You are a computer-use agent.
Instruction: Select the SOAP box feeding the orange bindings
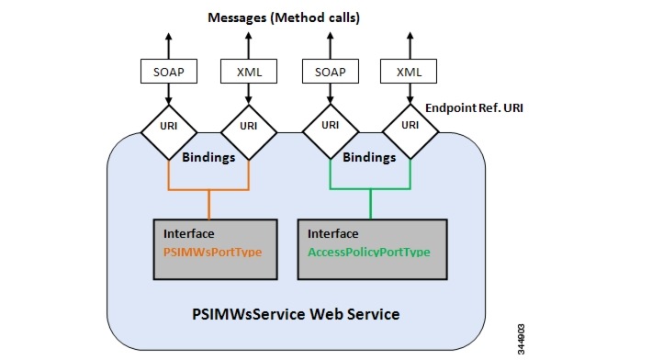[x=168, y=71]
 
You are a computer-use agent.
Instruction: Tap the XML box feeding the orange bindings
[x=248, y=71]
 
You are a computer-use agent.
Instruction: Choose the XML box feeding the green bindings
[x=409, y=71]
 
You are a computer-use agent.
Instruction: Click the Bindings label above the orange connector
[x=208, y=157]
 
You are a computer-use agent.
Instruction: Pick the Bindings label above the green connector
[x=369, y=157]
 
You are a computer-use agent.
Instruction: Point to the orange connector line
[x=209, y=190]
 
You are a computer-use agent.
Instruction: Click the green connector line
[x=370, y=190]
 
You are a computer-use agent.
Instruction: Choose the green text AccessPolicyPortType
[x=369, y=251]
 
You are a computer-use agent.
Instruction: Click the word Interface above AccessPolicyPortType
[x=333, y=233]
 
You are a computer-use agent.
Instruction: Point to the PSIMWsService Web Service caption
[x=296, y=314]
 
